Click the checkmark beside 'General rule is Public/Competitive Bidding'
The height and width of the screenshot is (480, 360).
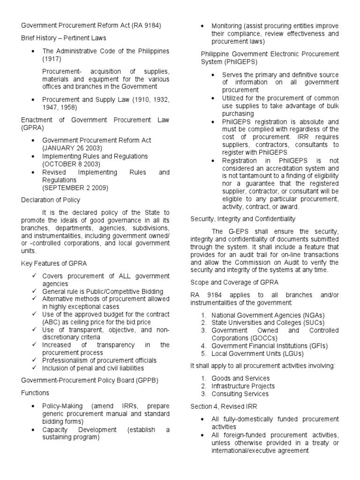click(x=34, y=292)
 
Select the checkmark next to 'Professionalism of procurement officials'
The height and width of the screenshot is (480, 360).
click(x=34, y=360)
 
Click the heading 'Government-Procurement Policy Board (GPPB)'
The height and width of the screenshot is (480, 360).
click(x=82, y=380)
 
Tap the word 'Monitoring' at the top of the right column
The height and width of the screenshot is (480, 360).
click(x=228, y=25)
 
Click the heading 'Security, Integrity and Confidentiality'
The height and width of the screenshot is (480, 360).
click(x=242, y=219)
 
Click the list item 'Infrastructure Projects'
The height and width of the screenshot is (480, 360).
click(x=243, y=386)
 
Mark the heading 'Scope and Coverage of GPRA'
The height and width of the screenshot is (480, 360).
click(x=234, y=283)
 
